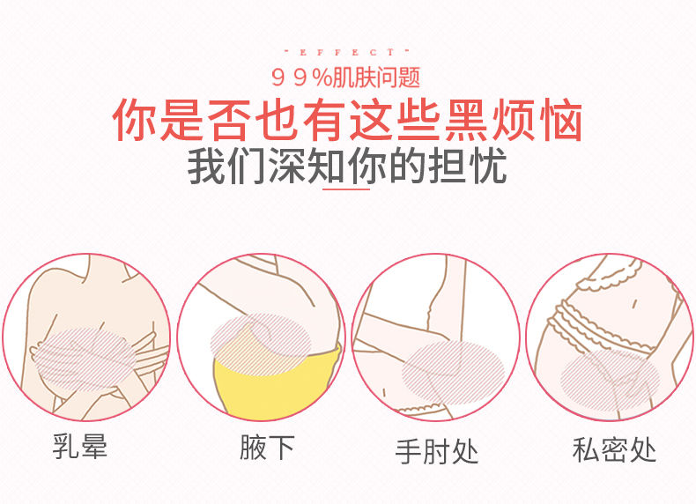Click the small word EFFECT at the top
[x=346, y=52]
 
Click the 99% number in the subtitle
[x=301, y=78]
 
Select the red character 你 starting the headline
[x=135, y=121]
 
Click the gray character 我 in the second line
[x=206, y=165]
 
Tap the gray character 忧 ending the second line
[x=489, y=165]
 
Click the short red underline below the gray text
[x=346, y=189]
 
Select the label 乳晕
[x=80, y=446]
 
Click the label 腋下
[x=267, y=447]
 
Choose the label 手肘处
[x=437, y=451]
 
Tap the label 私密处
[x=614, y=450]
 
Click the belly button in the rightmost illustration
[x=634, y=304]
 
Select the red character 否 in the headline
[x=227, y=121]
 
